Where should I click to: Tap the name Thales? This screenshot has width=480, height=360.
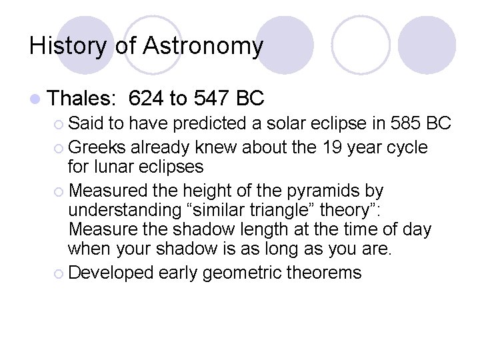coord(83,99)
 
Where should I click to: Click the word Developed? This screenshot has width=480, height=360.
coord(110,272)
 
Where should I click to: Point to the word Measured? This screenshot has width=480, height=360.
coord(110,191)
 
